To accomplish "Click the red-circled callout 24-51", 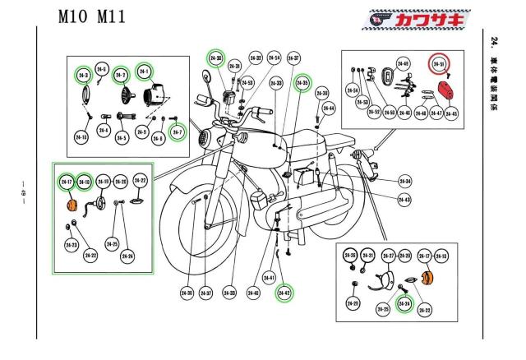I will [438, 64].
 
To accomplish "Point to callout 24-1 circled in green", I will [145, 72].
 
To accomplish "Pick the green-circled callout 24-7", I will [175, 132].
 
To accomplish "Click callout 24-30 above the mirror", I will [215, 58].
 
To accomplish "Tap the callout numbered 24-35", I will [302, 83].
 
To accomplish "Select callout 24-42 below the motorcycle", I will [284, 292].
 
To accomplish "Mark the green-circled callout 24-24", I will [404, 304].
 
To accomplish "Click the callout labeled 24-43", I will [404, 200].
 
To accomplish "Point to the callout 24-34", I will [275, 58].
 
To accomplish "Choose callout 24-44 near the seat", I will [328, 108].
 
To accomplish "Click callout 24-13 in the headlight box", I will [82, 136].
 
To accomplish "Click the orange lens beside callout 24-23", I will [72, 205].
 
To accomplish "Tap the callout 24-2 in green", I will [120, 75].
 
